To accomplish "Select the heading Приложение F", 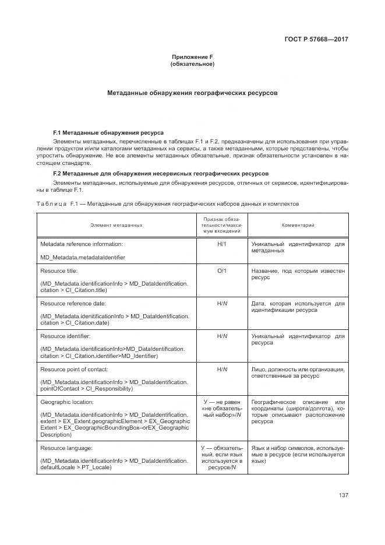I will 192,57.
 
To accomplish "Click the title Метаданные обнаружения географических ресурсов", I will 192,93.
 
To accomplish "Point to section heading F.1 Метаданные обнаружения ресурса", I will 108,133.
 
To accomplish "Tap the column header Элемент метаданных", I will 116,225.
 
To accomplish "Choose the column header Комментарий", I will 298,225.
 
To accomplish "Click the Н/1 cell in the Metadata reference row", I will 222,244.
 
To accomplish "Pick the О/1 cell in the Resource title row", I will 222,271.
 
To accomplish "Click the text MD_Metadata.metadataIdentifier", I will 82,257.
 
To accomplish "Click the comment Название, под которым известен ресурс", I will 298,275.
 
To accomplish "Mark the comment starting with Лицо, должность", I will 298,372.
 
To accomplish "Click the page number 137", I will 342,495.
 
